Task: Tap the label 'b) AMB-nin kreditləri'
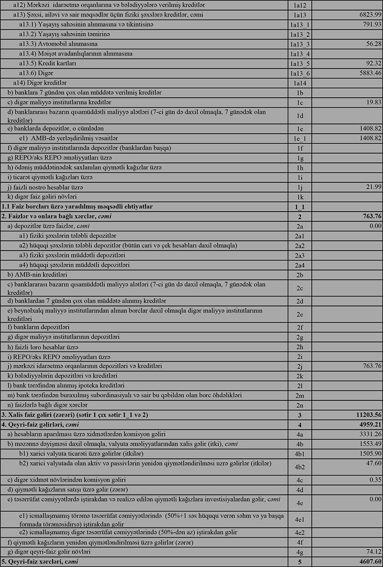(38, 275)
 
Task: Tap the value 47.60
(372, 463)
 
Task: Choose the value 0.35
(373, 478)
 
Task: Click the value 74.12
(372, 551)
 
